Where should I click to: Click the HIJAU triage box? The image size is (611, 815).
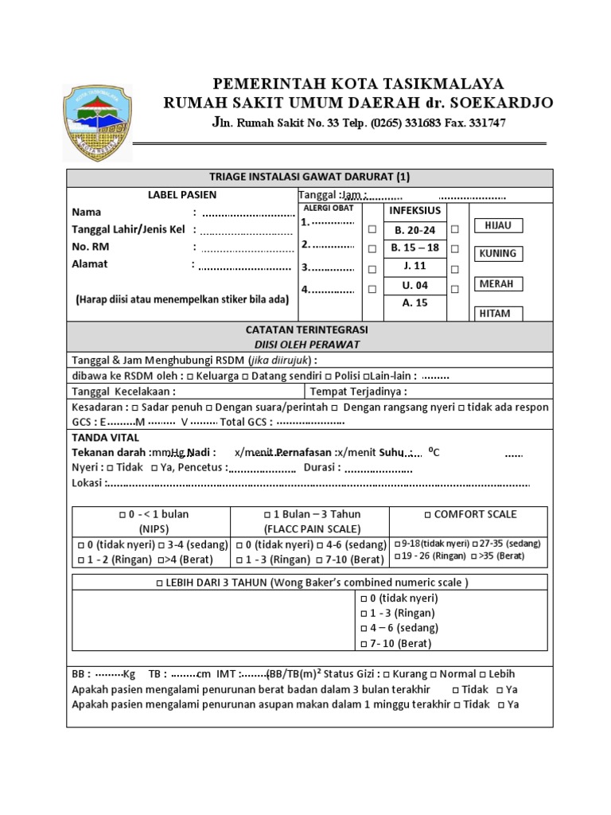coord(498,225)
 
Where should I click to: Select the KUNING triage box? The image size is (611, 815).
coord(498,254)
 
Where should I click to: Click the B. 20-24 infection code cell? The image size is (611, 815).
coord(415,230)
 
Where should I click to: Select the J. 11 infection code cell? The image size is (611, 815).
coord(415,266)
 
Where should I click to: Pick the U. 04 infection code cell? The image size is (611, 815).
coord(415,285)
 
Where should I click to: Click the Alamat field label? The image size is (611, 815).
coord(90,263)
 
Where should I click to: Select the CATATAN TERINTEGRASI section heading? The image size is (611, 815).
coord(306,329)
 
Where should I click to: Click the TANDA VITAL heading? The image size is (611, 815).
coord(105,437)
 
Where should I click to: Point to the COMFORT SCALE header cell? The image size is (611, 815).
coord(469,514)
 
